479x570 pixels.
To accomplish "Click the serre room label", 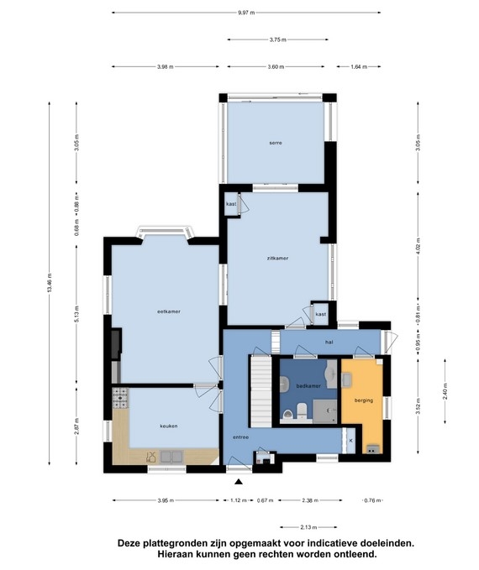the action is tap(276, 143).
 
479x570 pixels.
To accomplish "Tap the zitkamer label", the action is tap(277, 258).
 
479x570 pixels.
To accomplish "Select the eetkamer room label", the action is tap(169, 311).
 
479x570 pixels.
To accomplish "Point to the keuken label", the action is tap(169, 426).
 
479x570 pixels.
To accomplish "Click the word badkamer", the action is tap(308, 386).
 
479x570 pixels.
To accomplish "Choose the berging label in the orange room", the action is tap(364, 400).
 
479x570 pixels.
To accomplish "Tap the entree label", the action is tap(241, 437).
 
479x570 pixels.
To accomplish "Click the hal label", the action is tap(329, 342).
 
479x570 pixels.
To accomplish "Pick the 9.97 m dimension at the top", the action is tap(246, 13).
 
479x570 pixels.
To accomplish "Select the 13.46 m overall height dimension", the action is tap(50, 282).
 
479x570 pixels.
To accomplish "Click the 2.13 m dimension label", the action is tap(308, 527).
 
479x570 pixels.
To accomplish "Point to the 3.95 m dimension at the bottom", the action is tap(166, 500).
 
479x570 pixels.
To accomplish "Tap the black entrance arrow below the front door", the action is tap(239, 482).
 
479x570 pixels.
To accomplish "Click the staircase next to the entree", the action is tap(261, 391).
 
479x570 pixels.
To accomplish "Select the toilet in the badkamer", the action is tap(302, 411).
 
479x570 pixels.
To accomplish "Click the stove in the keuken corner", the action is tap(120, 398).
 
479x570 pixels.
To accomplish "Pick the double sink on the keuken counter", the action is tap(171, 457).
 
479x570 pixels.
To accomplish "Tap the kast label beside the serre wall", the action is tap(231, 204).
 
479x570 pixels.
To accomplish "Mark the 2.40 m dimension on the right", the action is tap(445, 391).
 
